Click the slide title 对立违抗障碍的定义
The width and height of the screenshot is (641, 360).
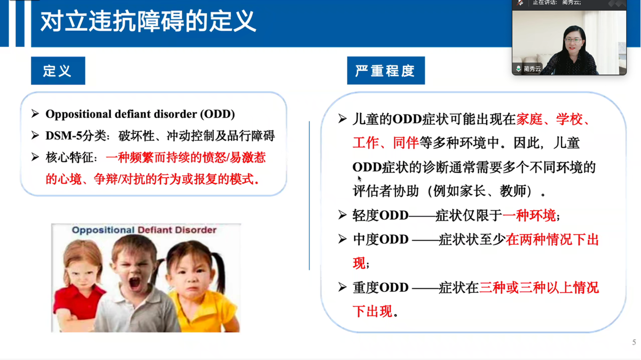148,21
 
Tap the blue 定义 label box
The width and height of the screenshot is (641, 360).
58,71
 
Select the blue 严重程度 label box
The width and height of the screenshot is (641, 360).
386,71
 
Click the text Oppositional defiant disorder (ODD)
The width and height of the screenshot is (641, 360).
140,114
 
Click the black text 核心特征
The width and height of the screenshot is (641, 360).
70,158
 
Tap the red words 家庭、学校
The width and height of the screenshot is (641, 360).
550,119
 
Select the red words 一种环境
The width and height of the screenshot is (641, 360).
529,215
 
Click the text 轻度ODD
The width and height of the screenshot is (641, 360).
380,215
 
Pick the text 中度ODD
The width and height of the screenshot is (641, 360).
380,239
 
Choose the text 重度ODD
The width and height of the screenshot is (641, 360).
380,287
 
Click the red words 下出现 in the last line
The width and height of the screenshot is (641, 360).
372,311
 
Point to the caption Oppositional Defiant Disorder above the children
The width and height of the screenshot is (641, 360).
144,230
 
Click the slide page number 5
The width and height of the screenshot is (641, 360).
634,342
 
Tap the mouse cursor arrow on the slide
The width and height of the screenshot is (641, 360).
360,179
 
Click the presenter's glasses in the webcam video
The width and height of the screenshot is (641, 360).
573,40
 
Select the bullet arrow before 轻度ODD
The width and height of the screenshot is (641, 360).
342,215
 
